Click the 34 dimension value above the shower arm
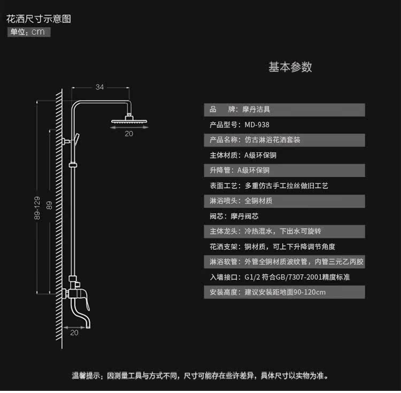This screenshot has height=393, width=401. click(99, 87)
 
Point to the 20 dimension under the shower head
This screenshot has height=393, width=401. click(129, 134)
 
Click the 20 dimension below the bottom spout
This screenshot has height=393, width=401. click(74, 333)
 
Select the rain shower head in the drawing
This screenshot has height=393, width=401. click(128, 121)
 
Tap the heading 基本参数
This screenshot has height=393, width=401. click(290, 67)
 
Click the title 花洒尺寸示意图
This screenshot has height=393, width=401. click(38, 19)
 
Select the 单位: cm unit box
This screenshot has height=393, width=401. click(29, 32)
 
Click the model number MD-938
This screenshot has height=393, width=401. click(257, 125)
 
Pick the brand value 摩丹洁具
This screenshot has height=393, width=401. click(257, 110)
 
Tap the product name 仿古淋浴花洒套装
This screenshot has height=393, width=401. click(272, 140)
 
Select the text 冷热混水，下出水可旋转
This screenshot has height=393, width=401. click(282, 232)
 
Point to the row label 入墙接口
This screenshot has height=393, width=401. click(223, 278)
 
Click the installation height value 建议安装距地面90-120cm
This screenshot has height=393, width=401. click(285, 292)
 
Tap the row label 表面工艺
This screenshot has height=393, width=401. click(223, 186)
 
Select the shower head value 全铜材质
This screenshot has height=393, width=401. click(259, 201)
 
